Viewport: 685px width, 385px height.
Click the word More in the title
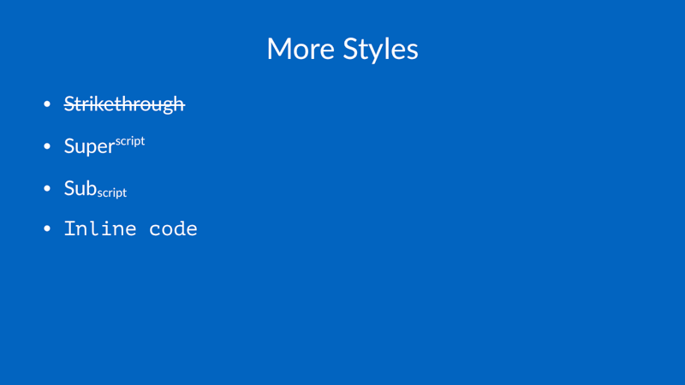click(301, 49)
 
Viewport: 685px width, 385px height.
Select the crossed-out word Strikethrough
click(124, 104)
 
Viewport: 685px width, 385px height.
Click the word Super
click(89, 146)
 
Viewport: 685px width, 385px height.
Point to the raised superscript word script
click(130, 141)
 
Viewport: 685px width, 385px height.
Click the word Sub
click(80, 188)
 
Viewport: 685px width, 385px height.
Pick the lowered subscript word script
click(112, 192)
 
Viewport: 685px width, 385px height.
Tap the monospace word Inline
click(100, 228)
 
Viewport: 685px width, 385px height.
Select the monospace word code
click(173, 228)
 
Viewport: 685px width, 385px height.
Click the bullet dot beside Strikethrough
click(47, 104)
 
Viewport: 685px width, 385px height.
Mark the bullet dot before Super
click(47, 146)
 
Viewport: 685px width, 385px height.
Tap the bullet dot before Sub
click(47, 188)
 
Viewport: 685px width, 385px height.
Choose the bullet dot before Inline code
click(47, 228)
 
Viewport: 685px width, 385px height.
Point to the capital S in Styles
click(350, 49)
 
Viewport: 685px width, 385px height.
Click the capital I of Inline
click(69, 228)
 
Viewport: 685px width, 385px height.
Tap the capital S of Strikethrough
click(68, 104)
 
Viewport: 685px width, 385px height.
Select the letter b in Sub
click(92, 187)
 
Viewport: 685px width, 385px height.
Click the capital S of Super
click(68, 145)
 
